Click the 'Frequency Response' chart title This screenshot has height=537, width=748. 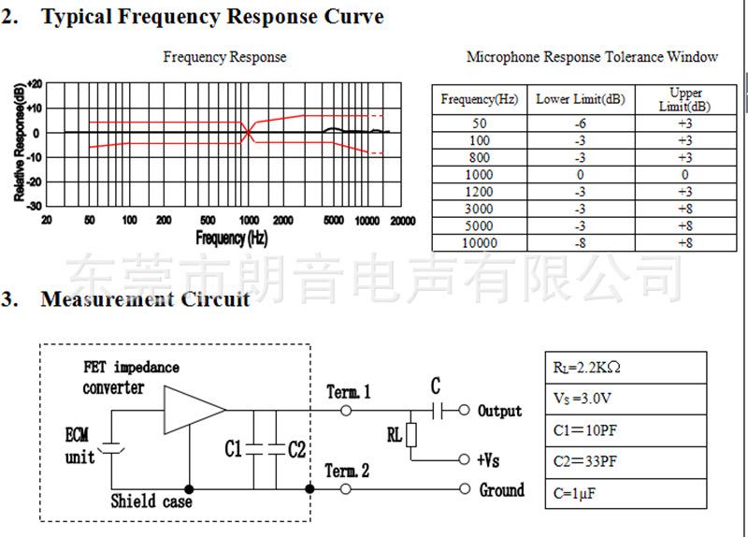point(224,57)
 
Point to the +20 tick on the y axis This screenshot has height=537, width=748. point(35,83)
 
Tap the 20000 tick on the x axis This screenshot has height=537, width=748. point(403,220)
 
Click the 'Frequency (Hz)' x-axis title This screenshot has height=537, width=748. point(232,238)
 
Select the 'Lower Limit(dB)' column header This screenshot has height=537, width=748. point(580,99)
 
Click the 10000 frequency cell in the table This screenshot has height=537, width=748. point(480,242)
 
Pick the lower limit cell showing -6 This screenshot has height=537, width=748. point(580,123)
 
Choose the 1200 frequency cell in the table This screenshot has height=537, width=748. point(480,192)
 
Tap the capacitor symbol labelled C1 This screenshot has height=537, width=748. point(253,449)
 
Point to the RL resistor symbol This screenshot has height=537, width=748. point(410,436)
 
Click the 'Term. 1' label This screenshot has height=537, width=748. point(349,392)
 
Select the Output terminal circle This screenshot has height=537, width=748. point(464,410)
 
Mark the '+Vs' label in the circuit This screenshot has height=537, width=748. point(489,460)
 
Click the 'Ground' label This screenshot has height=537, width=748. point(502,489)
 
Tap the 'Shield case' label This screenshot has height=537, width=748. point(151,501)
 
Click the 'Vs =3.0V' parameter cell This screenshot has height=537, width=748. point(624,399)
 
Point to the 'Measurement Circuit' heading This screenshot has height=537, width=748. point(145,299)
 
